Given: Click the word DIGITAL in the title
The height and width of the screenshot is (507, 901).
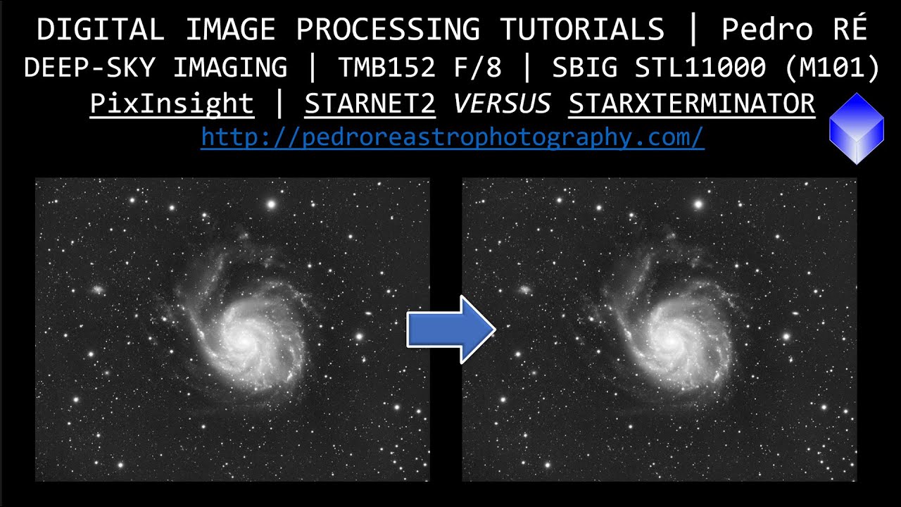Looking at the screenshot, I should (101, 30).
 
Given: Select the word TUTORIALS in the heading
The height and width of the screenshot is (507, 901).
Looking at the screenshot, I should (582, 30).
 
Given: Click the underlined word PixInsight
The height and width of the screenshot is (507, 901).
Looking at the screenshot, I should (172, 104).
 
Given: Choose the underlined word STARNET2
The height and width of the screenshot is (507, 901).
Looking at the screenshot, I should (370, 104).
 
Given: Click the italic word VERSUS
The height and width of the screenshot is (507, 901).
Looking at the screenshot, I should (502, 104).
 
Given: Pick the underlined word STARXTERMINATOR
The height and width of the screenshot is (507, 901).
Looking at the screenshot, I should (692, 104).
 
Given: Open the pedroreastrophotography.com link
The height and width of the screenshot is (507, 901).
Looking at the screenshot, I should (453, 138).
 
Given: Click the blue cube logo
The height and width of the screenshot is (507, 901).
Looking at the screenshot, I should (856, 128).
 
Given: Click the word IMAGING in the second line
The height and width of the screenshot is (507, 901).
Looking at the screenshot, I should (230, 68).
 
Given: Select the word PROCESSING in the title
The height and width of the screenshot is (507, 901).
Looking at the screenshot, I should (388, 30).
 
